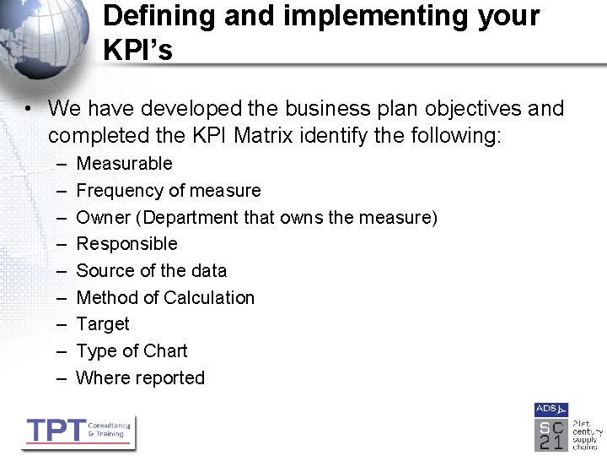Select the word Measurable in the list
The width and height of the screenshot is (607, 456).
(x=124, y=164)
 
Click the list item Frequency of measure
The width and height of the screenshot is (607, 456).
(x=169, y=191)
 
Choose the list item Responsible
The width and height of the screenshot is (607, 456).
(x=126, y=244)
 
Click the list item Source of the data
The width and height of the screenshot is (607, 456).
(x=152, y=271)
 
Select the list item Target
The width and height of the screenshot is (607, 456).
(x=103, y=324)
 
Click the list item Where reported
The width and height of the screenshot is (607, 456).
(x=140, y=378)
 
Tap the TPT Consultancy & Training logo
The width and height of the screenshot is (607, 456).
(x=78, y=432)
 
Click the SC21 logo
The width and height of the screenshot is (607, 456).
(x=551, y=434)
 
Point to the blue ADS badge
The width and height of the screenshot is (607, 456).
(x=551, y=410)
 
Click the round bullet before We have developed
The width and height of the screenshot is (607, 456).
(x=28, y=109)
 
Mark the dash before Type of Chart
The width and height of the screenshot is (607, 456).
(x=62, y=351)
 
